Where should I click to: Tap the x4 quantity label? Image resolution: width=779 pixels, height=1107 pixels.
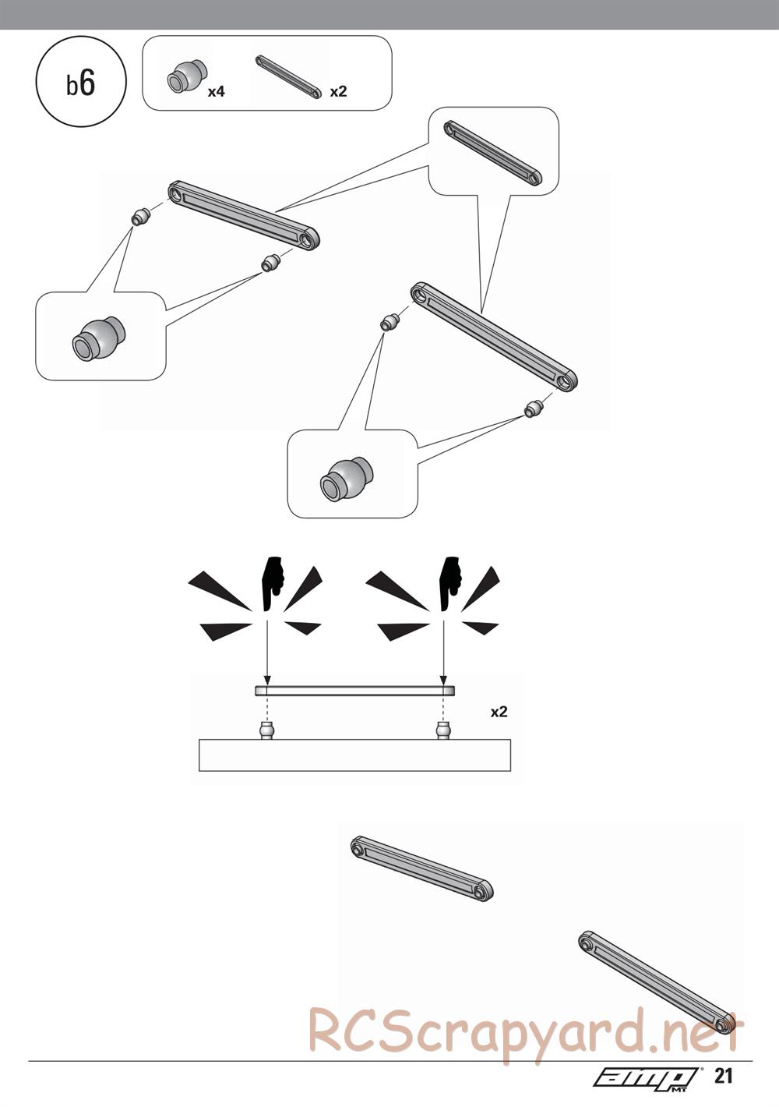pos(216,91)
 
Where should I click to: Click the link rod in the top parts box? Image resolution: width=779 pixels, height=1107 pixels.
pos(287,77)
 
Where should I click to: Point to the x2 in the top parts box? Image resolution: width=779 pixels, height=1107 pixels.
pos(338,91)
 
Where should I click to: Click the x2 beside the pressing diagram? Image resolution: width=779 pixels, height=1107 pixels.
pos(499,712)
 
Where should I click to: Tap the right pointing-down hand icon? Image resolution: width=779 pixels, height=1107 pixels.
pos(451,584)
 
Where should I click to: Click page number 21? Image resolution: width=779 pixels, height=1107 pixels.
pos(723,1090)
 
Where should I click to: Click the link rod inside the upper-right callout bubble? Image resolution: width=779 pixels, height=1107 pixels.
pos(493,153)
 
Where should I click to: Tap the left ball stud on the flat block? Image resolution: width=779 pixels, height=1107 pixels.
pos(266,730)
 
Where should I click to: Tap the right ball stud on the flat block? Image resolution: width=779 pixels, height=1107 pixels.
pos(443,730)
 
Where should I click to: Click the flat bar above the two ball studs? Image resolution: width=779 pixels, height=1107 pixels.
pos(354,691)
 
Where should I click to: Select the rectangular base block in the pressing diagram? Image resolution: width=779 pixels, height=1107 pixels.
pos(354,755)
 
